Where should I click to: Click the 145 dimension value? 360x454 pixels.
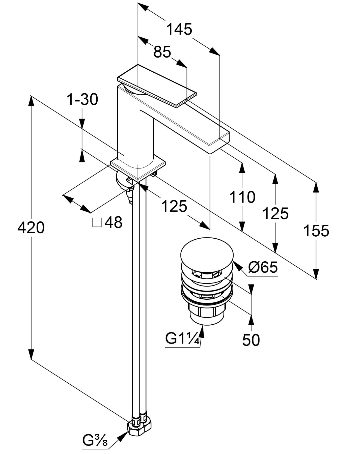[179, 29]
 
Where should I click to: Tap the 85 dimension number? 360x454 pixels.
[162, 52]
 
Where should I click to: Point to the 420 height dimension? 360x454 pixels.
[31, 228]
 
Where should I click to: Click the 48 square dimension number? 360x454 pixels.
[114, 222]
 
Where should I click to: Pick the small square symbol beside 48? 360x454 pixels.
[97, 222]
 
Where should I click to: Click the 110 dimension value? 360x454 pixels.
[242, 197]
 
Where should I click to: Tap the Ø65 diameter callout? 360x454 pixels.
[263, 267]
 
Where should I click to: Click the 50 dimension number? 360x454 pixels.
[251, 340]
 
